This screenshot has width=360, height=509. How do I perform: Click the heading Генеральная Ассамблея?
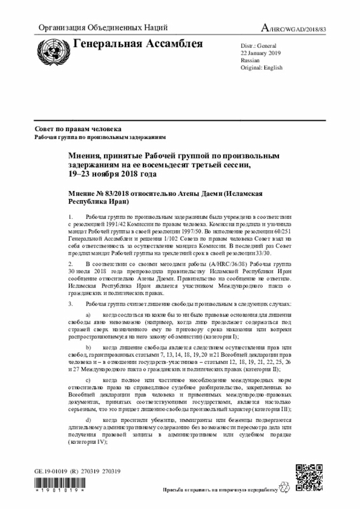(138, 44)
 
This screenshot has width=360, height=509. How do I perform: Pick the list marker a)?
(88, 314)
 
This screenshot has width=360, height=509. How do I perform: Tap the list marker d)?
(88, 421)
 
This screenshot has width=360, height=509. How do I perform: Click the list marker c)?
(88, 381)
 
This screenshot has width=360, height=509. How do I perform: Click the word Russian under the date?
(250, 60)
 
